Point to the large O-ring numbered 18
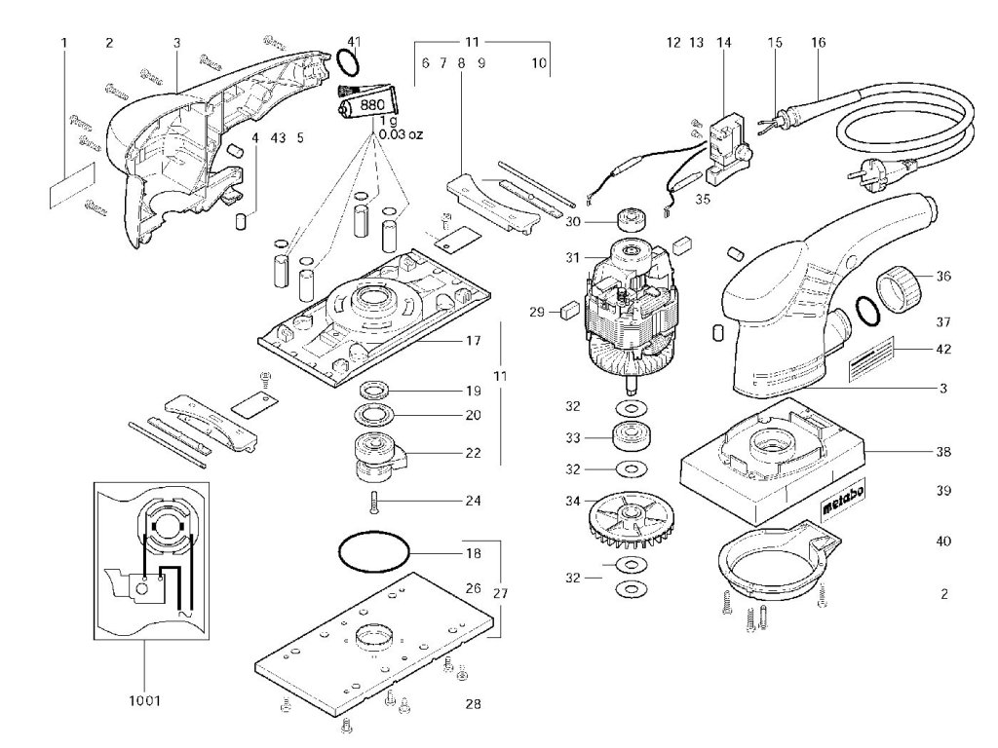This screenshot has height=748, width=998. [375, 553]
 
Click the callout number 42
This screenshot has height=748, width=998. [943, 349]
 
